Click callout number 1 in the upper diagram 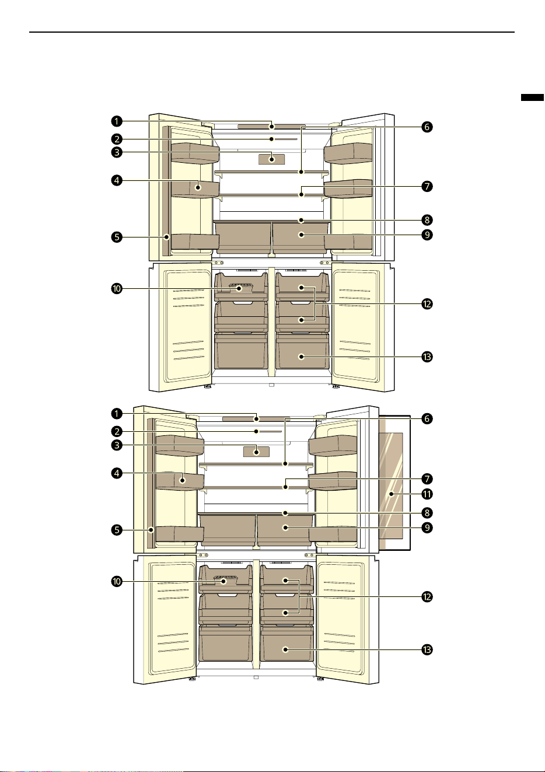tap(117, 121)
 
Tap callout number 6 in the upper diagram tap(427, 127)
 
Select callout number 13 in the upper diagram tap(427, 357)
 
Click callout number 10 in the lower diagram tap(117, 582)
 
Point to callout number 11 tap(427, 494)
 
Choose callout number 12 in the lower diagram tap(427, 596)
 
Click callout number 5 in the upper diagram tap(117, 237)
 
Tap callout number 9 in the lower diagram tap(427, 528)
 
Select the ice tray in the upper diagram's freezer tap(240, 288)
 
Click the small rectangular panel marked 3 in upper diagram tap(272, 159)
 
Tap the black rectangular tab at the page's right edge tap(532, 97)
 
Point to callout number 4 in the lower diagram tap(117, 473)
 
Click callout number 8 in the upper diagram tap(427, 220)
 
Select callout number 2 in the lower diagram tap(117, 431)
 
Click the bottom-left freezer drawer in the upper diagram tap(240, 351)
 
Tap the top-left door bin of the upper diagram tap(195, 153)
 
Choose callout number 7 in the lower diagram tap(427, 478)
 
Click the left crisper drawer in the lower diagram tap(228, 529)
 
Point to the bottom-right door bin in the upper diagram tap(348, 242)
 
